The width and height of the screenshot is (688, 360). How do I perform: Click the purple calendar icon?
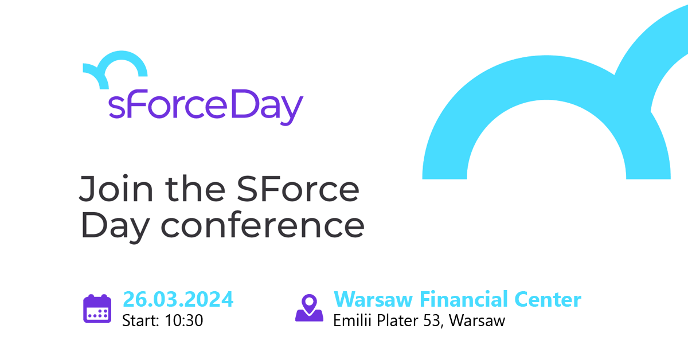97,308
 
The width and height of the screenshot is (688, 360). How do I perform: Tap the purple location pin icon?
309,308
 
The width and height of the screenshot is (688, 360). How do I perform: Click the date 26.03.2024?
178,299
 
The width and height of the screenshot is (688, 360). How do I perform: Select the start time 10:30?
183,320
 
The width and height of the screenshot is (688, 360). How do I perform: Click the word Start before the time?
139,320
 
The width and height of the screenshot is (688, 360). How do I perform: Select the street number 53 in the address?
432,320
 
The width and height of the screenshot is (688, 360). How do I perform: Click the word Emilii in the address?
351,320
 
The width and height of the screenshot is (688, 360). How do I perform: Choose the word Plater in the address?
396,320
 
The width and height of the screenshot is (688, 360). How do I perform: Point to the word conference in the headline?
262,226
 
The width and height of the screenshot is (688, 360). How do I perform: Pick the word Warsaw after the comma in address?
477,320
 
